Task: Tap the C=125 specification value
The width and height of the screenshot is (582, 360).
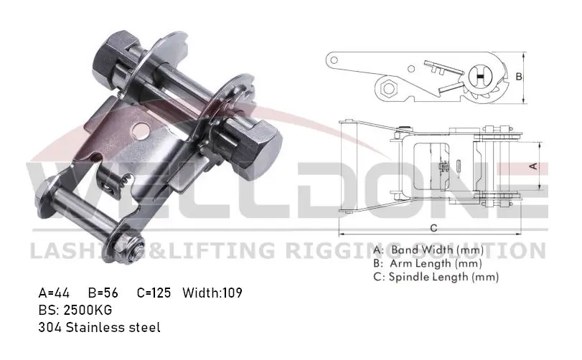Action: point(153,293)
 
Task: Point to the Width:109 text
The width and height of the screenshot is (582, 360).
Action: point(212,293)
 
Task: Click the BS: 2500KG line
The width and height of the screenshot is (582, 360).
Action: point(75,310)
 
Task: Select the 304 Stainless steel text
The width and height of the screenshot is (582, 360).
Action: point(100,327)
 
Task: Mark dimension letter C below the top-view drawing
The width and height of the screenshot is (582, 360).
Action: point(434,228)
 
